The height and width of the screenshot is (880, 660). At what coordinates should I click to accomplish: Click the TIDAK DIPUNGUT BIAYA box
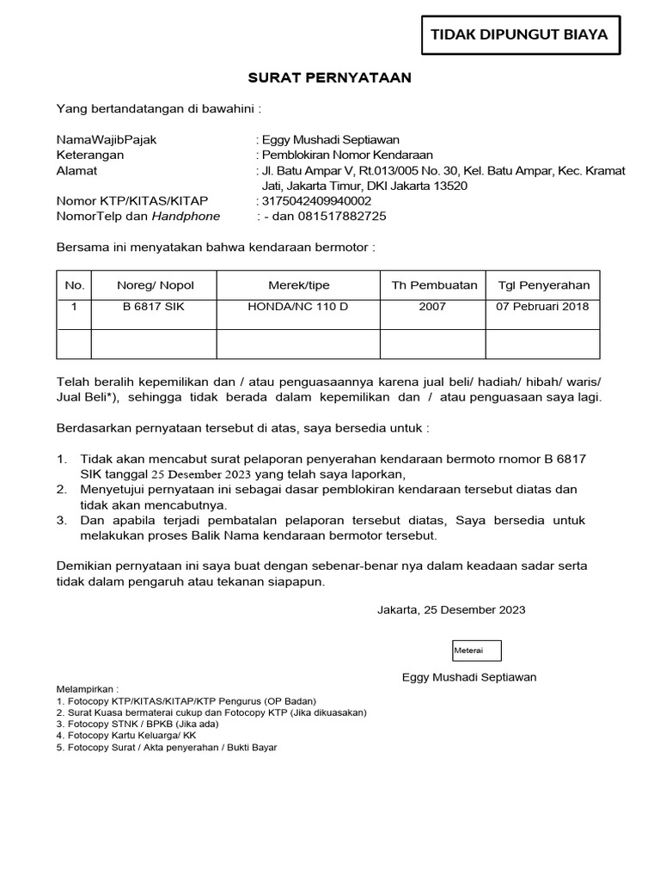pos(519,34)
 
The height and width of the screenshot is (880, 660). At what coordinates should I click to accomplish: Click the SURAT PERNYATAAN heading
pos(330,78)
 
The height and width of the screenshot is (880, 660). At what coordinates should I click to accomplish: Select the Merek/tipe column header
pos(298,285)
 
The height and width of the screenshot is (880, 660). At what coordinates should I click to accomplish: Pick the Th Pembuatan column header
pos(433,285)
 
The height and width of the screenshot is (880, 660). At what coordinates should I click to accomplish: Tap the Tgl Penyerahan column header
pos(543,285)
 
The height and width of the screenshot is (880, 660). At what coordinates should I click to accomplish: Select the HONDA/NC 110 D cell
pos(298,308)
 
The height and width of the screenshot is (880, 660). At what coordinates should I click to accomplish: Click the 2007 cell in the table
pos(432,308)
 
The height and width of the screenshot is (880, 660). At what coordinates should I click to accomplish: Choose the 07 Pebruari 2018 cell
pos(543,308)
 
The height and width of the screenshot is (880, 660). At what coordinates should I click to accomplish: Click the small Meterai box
pos(477,651)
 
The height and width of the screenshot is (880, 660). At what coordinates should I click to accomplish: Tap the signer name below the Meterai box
pos(469,677)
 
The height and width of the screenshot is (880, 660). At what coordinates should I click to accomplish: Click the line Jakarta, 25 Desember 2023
pos(451,610)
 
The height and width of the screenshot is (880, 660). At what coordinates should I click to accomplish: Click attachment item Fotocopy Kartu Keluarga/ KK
pos(126,736)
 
